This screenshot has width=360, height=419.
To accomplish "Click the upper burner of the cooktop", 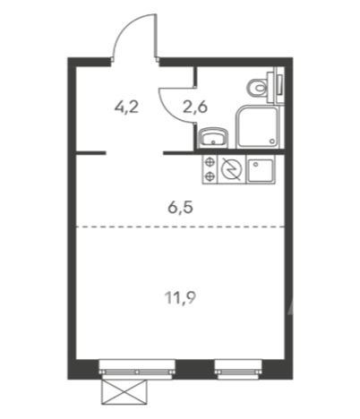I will [210, 162].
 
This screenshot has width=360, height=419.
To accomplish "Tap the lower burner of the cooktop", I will [210, 175].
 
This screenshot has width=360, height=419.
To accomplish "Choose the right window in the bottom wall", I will [239, 365].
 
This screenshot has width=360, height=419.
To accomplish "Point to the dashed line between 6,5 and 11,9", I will [179, 227].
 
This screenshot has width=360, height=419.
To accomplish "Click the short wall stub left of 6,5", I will [90, 153].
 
